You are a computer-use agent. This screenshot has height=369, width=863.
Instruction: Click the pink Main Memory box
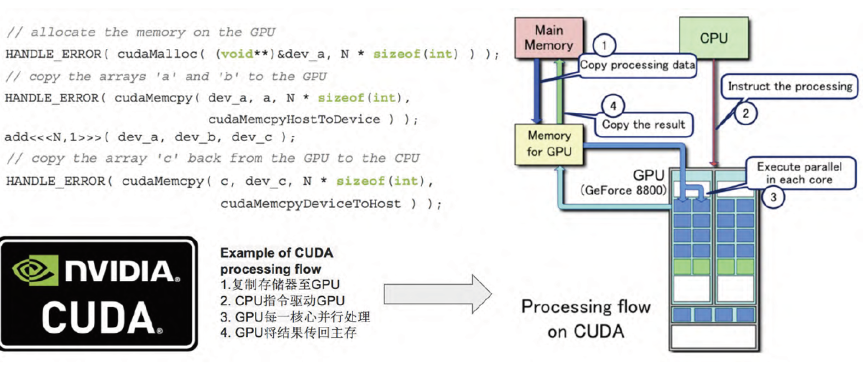(x=549, y=38)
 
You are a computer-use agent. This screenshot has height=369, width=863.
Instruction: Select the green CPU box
(x=713, y=38)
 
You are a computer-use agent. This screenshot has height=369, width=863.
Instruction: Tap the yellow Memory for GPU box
(x=549, y=144)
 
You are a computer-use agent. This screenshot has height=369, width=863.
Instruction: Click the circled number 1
(x=604, y=45)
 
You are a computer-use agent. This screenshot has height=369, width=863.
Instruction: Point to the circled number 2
(x=746, y=113)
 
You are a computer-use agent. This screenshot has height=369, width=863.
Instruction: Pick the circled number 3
(x=773, y=197)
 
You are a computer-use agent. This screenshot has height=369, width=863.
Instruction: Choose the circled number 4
(x=613, y=106)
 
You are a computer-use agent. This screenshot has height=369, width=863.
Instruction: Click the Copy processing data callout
(x=637, y=65)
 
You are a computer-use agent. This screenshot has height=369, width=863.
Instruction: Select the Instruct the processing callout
(x=790, y=87)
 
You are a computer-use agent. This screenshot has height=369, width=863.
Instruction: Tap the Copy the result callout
(x=644, y=125)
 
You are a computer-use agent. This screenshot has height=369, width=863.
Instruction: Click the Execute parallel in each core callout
(x=799, y=173)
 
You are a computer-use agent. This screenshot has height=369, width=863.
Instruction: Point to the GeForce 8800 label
(x=623, y=190)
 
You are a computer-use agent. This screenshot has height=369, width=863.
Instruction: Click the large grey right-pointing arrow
(x=437, y=294)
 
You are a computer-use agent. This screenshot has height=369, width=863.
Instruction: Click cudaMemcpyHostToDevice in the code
(x=294, y=120)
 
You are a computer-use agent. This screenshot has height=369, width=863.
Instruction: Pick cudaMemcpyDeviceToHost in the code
(x=311, y=204)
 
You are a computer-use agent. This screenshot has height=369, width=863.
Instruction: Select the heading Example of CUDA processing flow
(x=276, y=261)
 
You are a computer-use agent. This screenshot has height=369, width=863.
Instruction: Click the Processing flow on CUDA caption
(x=586, y=319)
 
